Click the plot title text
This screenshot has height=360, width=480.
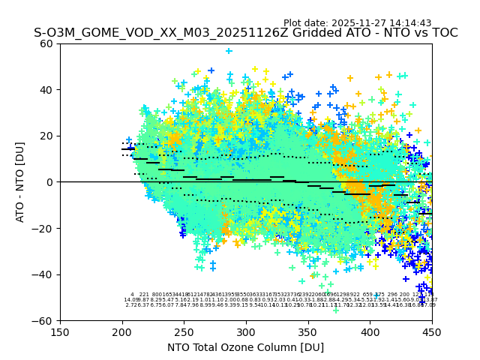[245, 33]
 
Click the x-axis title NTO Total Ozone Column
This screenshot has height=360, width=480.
[245, 347]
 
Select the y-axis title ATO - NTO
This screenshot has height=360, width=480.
[21, 182]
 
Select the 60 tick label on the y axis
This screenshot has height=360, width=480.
[47, 43]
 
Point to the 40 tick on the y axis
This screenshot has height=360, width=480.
[47, 90]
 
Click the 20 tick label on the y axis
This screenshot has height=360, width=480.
[47, 136]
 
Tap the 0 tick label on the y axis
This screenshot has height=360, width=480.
[50, 182]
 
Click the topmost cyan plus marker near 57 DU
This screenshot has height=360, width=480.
[229, 52]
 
